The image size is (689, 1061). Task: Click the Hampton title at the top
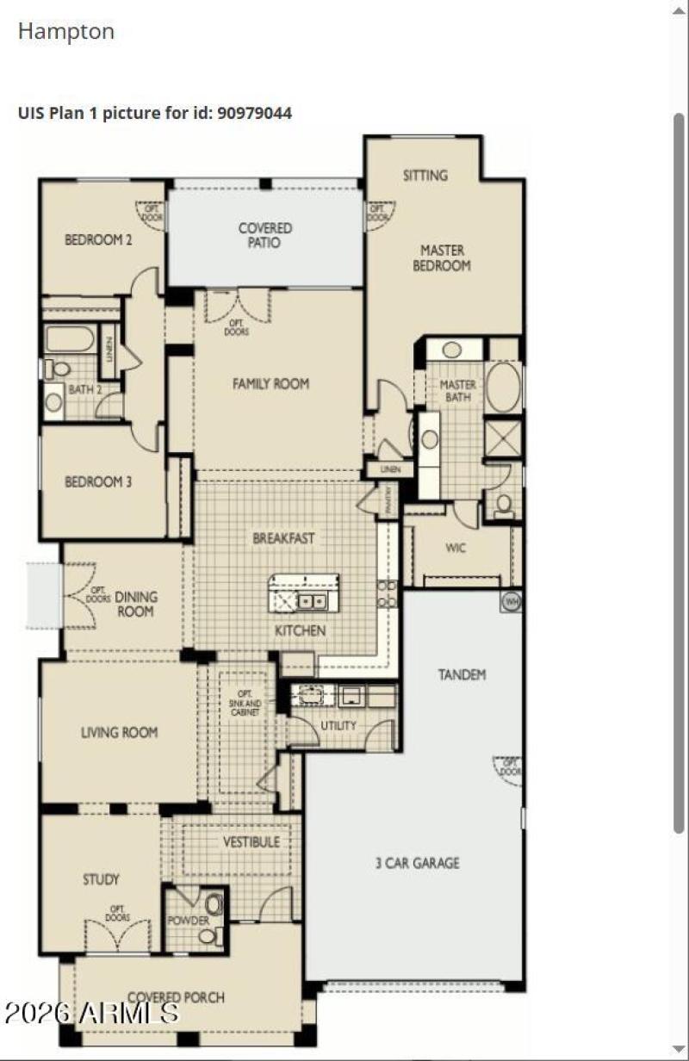pos(66,32)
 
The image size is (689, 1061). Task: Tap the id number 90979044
pos(255,113)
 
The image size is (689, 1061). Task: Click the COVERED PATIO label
pos(265,235)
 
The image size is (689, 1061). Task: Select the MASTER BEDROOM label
pos(441,257)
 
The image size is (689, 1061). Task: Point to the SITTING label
pos(425,175)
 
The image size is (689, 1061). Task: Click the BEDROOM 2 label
pos(98,239)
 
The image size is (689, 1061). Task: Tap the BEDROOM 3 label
pos(98,482)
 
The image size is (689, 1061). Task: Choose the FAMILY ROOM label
pos(270,384)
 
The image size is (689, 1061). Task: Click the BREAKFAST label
pos(283,538)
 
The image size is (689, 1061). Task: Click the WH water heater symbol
pos(512,601)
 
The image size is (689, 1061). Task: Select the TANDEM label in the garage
pos(462,674)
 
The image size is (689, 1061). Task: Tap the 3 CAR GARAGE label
pos(417,862)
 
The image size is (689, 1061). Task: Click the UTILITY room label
pos(338,725)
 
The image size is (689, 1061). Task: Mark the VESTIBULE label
pos(251,841)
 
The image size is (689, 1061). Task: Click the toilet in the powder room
pos(214,904)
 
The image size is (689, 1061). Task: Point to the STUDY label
pos(101,879)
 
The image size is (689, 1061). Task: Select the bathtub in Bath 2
pos(70,338)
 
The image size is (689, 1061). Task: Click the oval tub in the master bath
pos(503,387)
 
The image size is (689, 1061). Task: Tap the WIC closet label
pos(456,548)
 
